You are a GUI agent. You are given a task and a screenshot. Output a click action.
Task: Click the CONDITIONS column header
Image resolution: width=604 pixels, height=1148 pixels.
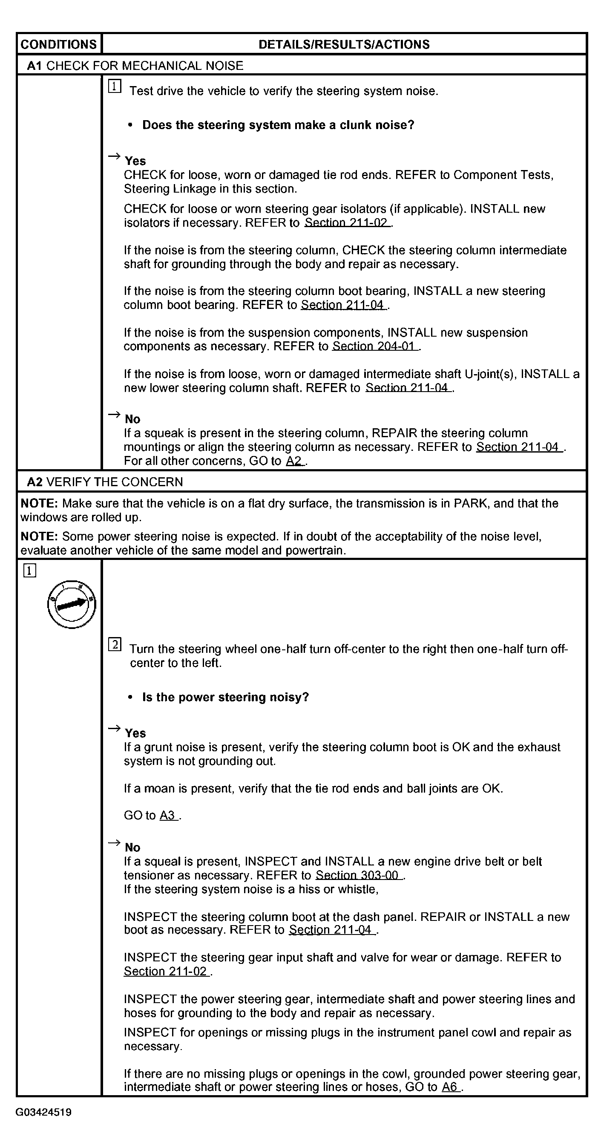pos(58,44)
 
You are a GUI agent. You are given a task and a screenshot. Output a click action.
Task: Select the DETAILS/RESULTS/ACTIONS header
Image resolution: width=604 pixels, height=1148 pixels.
pos(344,44)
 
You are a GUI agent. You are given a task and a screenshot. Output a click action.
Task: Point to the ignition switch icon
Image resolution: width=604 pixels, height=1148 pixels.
pos(71,604)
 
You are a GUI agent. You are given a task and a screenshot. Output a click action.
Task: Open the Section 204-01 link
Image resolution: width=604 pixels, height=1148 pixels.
pos(374,346)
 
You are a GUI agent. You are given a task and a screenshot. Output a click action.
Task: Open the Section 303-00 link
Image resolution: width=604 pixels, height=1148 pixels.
pos(358,875)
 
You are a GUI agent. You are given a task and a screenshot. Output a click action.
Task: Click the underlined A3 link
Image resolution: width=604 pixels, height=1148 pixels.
pos(168,816)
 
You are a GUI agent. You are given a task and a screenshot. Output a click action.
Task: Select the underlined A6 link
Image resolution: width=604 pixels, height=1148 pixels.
pos(450,1087)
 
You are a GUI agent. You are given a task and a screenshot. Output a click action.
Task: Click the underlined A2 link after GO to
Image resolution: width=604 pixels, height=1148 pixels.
pos(294,461)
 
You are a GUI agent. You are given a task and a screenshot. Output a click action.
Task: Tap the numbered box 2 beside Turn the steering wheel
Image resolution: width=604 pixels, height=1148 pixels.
pos(115,644)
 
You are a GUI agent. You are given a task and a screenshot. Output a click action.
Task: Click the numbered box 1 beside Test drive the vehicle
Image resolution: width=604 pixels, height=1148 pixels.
pos(115,86)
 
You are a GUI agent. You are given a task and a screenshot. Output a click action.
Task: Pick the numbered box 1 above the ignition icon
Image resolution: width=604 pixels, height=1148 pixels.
pos(29,571)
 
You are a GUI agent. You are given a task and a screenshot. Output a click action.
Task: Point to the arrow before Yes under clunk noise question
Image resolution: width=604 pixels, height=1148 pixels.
pos(114,156)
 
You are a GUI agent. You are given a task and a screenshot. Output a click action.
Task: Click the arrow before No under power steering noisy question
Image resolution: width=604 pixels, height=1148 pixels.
pos(114,843)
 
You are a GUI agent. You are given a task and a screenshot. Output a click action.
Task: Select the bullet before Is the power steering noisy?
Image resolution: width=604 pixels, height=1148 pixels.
pos(130,698)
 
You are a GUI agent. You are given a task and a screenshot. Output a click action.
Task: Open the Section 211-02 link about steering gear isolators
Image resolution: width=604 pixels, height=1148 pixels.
pos(347,223)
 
